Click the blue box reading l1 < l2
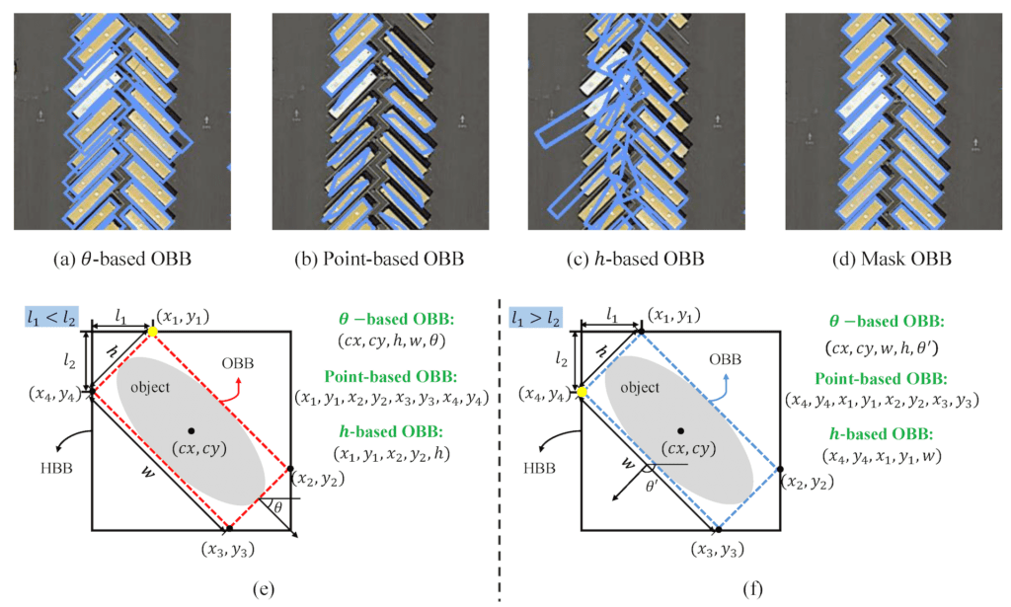click(50, 317)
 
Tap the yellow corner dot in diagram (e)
click(152, 333)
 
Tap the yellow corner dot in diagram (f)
click(583, 392)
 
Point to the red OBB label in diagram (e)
click(238, 362)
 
